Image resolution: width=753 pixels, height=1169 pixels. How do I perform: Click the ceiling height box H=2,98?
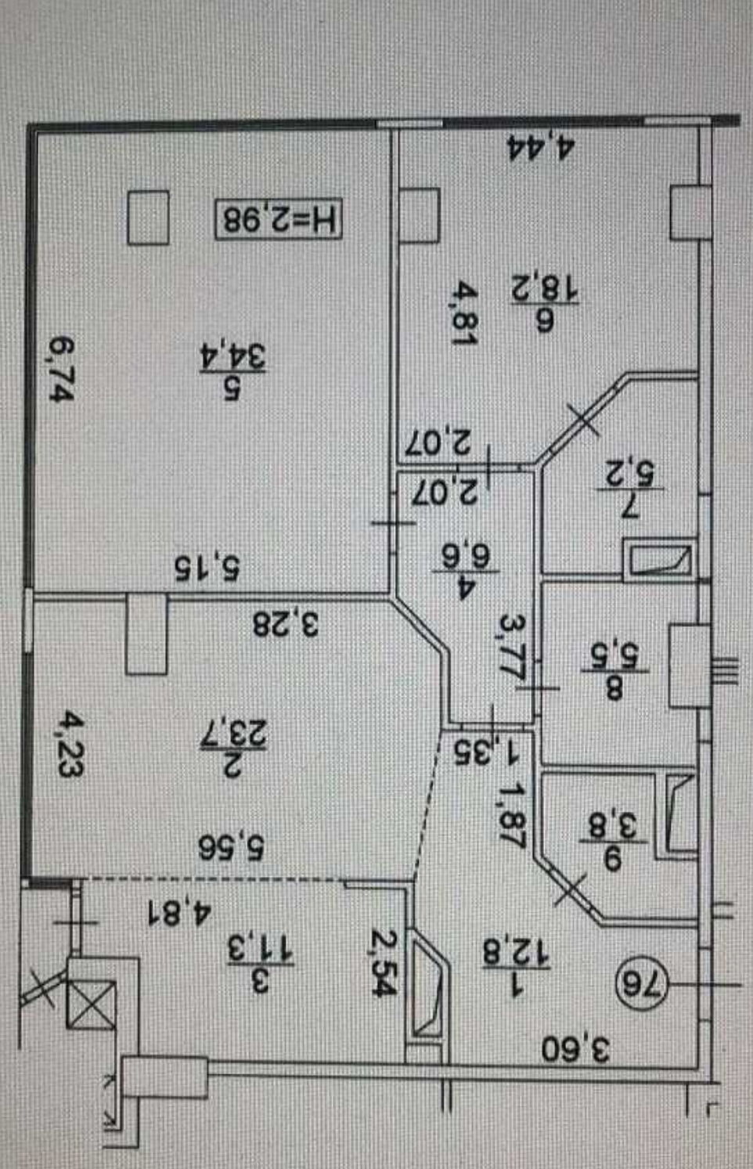point(279,218)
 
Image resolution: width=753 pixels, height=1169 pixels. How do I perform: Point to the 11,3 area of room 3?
point(259,949)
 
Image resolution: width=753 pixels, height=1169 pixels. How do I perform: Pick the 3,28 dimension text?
point(285,624)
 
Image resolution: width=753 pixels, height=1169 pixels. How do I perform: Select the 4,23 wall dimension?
point(71,743)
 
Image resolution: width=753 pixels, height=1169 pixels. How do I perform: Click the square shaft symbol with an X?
point(91,1005)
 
